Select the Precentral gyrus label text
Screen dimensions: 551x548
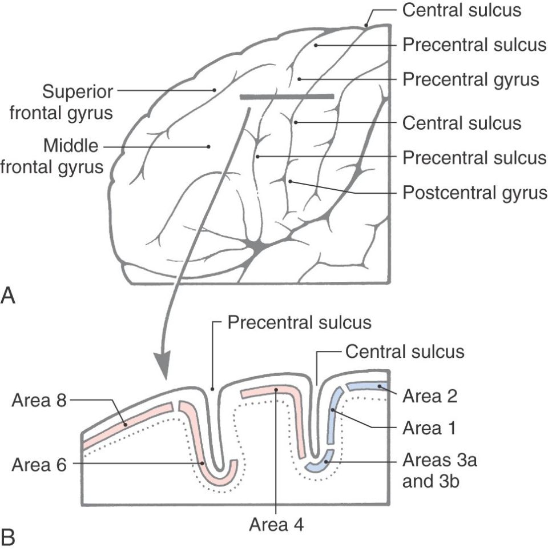click(x=471, y=79)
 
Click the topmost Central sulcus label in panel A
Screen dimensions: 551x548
click(x=461, y=11)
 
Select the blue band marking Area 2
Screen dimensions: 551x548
click(x=369, y=388)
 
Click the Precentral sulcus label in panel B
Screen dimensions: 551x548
click(x=299, y=322)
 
